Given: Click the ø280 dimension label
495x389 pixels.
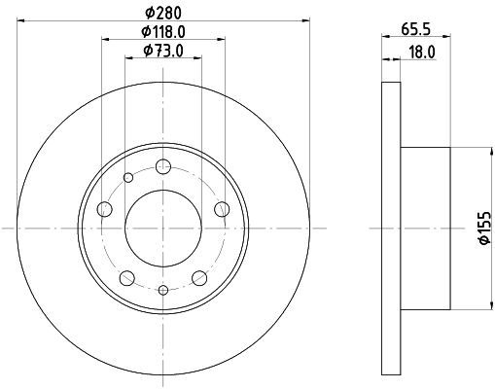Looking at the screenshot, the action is pos(163,13).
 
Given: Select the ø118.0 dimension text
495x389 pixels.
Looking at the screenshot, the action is pos(163,31).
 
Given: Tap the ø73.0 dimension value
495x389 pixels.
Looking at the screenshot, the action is pos(163,51).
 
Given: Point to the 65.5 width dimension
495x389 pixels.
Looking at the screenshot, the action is pos(416,29).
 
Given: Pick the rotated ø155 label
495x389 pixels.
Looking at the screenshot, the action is pos(486,228).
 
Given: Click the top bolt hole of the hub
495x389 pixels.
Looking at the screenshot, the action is pos(163,166).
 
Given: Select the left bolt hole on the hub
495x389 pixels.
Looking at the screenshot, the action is pos(104,209).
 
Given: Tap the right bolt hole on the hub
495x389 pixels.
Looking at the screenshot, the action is pos(222,209).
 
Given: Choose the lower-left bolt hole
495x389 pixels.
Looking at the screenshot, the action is pos(127,278).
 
